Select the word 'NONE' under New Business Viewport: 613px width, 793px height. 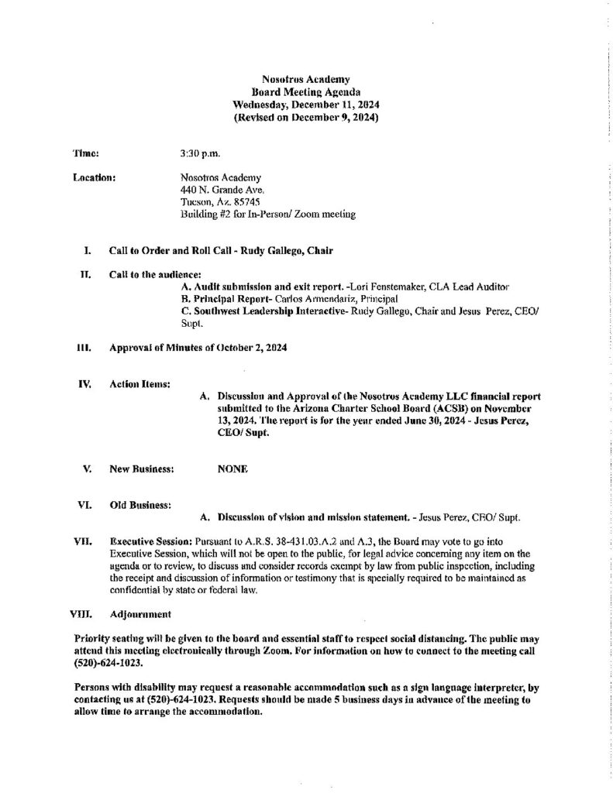coord(232,469)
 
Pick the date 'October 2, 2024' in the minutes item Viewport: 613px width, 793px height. coord(251,348)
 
